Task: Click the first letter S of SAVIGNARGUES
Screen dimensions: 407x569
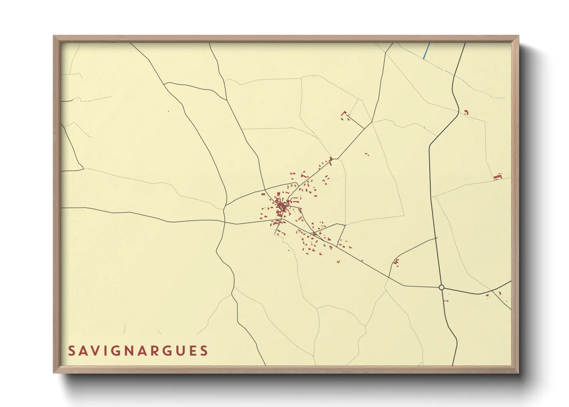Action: (72, 351)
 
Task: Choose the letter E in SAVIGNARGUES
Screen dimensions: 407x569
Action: (193, 351)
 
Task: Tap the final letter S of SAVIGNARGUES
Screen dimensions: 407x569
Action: (205, 351)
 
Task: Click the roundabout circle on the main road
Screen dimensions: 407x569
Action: (441, 287)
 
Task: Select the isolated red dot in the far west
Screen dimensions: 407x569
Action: (168, 112)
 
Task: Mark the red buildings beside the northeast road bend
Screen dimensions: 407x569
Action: (466, 112)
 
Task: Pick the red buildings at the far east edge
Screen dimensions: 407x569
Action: (498, 177)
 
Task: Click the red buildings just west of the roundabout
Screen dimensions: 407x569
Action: (396, 262)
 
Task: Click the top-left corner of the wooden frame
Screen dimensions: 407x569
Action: (54, 36)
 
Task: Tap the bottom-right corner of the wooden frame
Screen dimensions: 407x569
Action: (518, 372)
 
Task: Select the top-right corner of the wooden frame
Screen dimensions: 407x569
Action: (518, 36)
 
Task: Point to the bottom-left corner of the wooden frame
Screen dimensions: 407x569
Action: (54, 372)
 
